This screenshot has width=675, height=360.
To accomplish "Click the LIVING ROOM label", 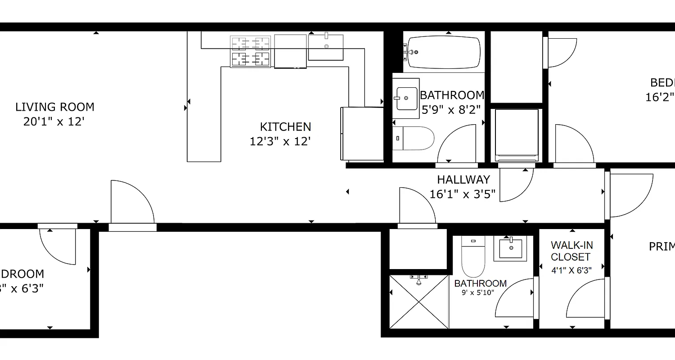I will point(55,107).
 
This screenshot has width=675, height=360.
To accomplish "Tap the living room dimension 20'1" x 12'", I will point(54,122).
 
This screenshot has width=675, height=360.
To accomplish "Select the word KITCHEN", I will point(285,127).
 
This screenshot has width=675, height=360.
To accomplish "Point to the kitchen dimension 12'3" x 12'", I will point(280,142).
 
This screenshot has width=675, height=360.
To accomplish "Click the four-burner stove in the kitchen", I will point(251,52).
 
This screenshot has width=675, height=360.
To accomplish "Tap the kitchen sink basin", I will point(326,47).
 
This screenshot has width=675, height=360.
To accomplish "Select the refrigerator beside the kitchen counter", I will point(362,134).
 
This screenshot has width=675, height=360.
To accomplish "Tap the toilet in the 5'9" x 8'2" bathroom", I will point(413,138).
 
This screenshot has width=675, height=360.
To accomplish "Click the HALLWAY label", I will point(463,180).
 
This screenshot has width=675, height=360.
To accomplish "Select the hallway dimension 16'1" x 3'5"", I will point(463,194).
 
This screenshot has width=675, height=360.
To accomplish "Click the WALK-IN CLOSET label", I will point(571,251).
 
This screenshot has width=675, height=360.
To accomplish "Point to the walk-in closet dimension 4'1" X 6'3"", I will point(571,270).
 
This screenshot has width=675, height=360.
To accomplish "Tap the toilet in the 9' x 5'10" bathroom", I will point(473,259).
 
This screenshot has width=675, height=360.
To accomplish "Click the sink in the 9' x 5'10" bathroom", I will point(510,248).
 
